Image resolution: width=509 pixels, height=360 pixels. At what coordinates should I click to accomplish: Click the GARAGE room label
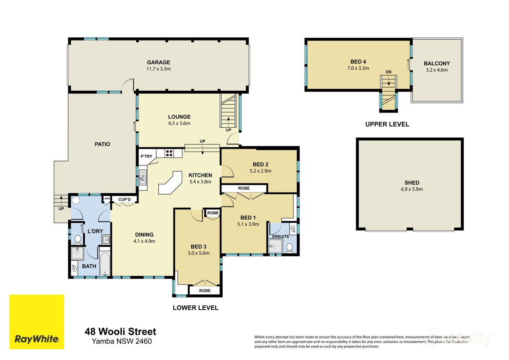pyautogui.click(x=158, y=62)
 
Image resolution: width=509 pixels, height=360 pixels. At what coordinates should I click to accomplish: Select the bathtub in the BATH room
pyautogui.click(x=105, y=263)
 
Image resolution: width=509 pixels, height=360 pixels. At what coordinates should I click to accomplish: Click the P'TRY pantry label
pyautogui.click(x=146, y=156)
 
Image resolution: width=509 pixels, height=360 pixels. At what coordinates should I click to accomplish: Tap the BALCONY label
pyautogui.click(x=437, y=64)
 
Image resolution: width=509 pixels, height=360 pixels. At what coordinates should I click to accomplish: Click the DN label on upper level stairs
pyautogui.click(x=388, y=72)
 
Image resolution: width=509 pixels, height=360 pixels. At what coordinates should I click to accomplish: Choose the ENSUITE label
pyautogui.click(x=281, y=237)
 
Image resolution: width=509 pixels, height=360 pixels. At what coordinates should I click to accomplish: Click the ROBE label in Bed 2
pyautogui.click(x=244, y=188)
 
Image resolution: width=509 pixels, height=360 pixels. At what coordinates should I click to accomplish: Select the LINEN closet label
pyautogui.click(x=107, y=199)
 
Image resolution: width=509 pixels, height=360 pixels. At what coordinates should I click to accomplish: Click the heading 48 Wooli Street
pyautogui.click(x=120, y=331)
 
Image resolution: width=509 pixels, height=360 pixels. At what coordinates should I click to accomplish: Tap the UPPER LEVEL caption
pyautogui.click(x=387, y=125)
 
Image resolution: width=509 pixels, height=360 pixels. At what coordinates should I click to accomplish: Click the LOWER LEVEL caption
pyautogui.click(x=195, y=307)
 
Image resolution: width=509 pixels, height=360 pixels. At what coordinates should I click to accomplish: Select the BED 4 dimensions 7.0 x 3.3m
pyautogui.click(x=358, y=68)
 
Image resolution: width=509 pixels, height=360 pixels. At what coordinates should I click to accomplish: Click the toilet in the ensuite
pyautogui.click(x=289, y=248)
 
